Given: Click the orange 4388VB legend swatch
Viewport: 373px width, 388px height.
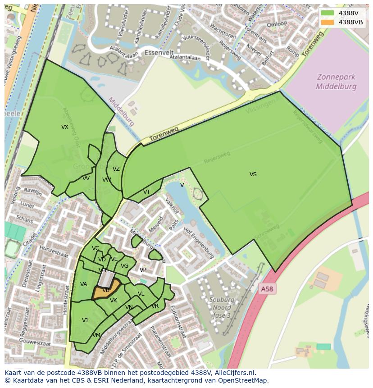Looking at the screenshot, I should (x=328, y=22).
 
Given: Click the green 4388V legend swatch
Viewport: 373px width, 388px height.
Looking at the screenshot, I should (x=328, y=13).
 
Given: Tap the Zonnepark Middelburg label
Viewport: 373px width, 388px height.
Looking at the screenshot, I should (x=336, y=82).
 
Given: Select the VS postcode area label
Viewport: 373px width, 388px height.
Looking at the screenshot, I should (x=253, y=174).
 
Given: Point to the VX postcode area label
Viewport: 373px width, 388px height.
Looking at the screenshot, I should (x=65, y=127).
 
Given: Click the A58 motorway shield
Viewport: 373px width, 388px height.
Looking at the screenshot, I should (x=267, y=289).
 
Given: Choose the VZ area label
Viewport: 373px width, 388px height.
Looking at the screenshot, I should (x=116, y=169).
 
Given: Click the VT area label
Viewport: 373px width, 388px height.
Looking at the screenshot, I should (x=146, y=192).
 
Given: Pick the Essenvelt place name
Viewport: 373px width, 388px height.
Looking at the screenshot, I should (x=159, y=53).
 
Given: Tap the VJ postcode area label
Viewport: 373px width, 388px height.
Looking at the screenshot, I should (x=85, y=320).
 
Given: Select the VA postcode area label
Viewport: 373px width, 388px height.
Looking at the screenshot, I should (x=84, y=284).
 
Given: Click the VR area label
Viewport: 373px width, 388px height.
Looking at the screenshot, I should (x=155, y=306).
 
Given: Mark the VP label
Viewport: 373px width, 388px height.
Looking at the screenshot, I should (x=143, y=270).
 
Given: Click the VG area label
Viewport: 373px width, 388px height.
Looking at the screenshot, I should (x=125, y=266).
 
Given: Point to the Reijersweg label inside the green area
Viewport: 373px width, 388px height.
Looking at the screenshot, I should (x=217, y=156).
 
